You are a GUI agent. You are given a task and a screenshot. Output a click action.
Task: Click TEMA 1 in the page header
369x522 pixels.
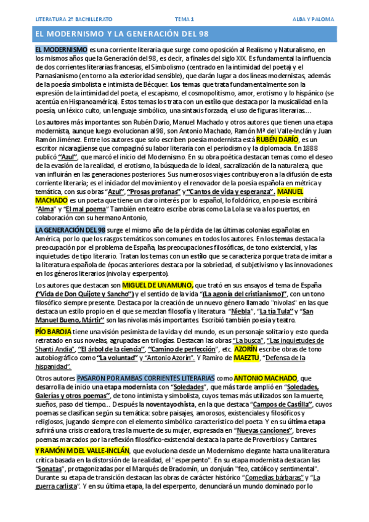[x=184, y=19]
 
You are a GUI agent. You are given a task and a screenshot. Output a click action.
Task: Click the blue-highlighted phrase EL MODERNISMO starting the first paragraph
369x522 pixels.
[x=60, y=49]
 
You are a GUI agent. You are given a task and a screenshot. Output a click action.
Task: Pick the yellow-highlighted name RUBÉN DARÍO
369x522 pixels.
[x=274, y=140]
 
